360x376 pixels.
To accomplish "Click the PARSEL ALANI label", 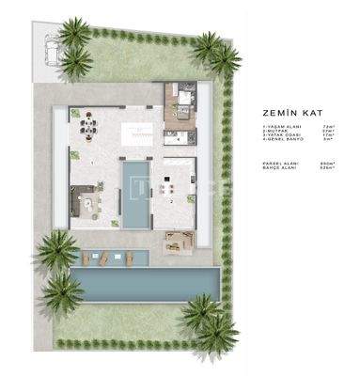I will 279,164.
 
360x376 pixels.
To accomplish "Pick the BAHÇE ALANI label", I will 278,168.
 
